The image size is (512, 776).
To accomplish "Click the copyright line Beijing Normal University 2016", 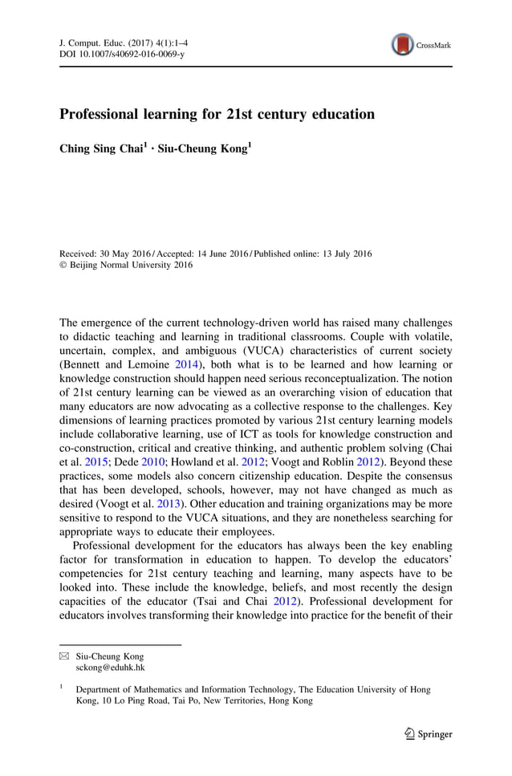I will (132, 265).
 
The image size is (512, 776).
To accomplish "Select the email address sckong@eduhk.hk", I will (111, 666).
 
